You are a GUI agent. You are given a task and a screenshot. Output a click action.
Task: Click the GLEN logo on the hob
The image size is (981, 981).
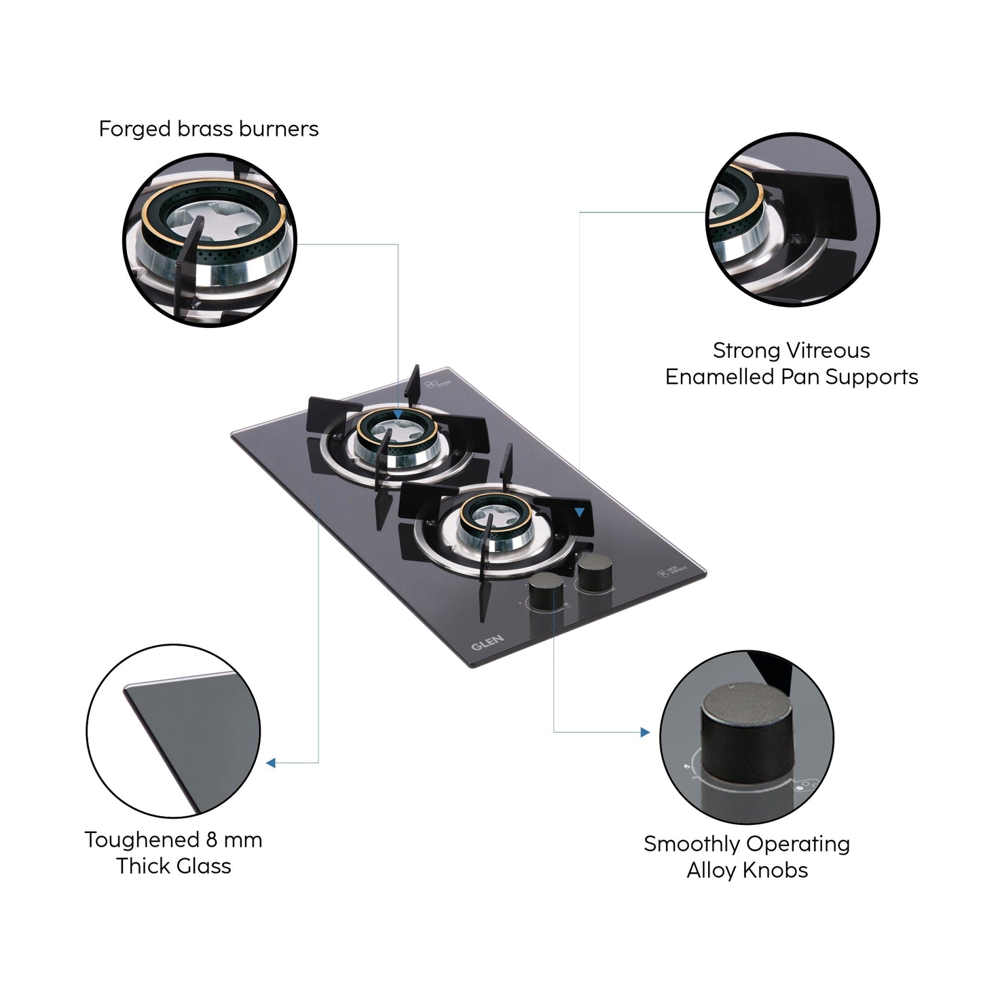click(487, 642)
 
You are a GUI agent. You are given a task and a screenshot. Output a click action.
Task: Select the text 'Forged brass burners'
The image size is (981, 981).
click(208, 129)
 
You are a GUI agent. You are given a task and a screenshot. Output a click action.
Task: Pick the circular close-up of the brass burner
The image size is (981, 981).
click(210, 239)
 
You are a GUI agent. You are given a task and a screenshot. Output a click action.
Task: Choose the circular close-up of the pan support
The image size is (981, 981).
click(791, 219)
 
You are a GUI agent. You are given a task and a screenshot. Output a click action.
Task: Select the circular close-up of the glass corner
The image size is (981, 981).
click(173, 730)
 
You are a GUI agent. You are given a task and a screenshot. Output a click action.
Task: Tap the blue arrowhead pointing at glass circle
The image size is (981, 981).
click(271, 763)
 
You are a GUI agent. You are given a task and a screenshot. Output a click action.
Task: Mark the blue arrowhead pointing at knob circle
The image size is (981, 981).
click(644, 733)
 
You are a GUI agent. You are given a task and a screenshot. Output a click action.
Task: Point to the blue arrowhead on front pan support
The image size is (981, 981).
click(579, 513)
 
